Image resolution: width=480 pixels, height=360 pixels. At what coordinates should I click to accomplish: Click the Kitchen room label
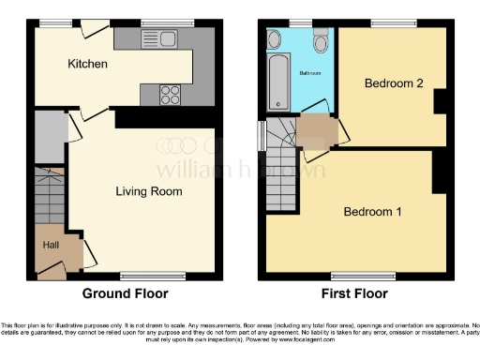88,64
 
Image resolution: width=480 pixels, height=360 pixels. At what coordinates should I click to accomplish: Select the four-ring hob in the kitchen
172,93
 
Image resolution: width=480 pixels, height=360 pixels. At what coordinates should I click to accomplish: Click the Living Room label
148,191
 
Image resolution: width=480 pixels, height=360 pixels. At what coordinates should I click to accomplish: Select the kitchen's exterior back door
92,29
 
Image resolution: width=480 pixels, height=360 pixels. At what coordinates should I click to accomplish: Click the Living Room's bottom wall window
144,276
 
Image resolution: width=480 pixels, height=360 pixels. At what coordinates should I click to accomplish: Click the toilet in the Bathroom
321,40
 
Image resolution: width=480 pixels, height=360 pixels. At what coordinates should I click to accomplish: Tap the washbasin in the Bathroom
275,38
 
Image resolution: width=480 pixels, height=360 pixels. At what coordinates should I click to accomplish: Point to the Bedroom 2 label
394,83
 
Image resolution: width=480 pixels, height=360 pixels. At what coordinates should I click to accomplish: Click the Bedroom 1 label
372,211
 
